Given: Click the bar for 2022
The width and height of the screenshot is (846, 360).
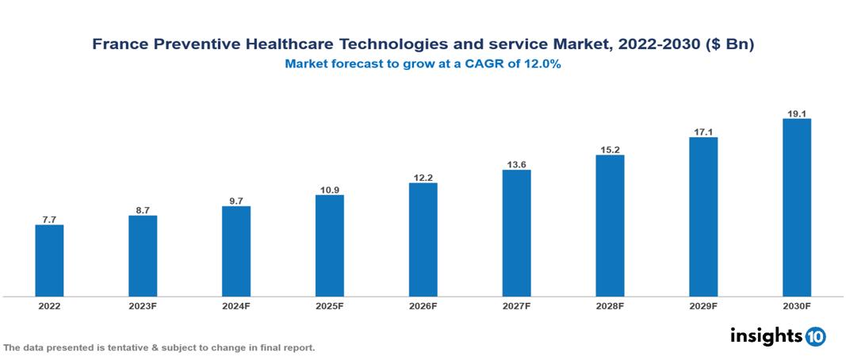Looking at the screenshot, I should point(49,261).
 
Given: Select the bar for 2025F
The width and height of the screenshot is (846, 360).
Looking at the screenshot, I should point(330,246).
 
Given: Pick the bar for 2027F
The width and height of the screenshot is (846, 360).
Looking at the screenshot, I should point(516,233).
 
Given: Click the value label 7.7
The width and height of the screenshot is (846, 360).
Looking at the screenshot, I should point(49,219).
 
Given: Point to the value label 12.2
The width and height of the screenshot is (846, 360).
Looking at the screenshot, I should point(423,177).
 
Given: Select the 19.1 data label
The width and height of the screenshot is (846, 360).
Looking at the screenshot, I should point(797,113).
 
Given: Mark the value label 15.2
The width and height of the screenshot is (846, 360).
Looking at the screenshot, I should point(610,148).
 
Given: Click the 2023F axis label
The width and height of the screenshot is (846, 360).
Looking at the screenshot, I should point(143,305).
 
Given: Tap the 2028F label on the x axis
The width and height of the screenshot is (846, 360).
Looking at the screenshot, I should point(610,305).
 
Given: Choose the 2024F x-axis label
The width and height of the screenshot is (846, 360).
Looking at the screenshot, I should point(236,305).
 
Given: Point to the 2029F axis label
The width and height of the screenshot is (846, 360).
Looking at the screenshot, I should point(703,305).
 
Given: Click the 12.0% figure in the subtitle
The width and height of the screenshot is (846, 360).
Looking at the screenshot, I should point(542,65).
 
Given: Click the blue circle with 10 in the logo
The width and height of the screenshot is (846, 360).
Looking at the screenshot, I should point(815,336).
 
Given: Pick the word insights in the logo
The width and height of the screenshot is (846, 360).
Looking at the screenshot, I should point(765,335).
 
